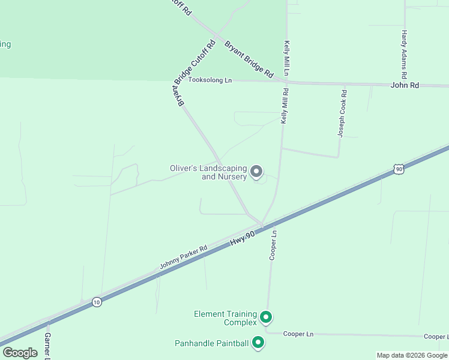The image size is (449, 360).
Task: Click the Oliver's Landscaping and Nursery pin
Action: pos(256,172)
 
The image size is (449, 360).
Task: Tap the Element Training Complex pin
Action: pos(266,317)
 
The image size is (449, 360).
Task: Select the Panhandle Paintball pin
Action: pos(259,343)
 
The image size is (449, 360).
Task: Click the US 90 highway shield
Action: pos(399,170)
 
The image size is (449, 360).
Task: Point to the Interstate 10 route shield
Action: pos(97,302)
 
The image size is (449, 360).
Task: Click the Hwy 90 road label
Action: pos(243,236)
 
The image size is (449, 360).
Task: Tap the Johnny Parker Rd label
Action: pos(183,257)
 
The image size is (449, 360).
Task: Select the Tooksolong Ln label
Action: pos(210,80)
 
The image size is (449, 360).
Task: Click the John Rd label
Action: pos(404,85)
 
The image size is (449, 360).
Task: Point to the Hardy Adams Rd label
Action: pos(405,55)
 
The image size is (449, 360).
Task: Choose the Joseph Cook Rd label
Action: pos(342,113)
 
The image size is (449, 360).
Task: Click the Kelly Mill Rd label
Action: pos(286,106)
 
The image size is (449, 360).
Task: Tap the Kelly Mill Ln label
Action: pos(287,58)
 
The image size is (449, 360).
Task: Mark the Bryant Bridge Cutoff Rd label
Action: pos(194,73)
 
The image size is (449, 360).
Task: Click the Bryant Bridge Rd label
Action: pos(249,59)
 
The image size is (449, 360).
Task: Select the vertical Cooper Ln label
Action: pos(273,245)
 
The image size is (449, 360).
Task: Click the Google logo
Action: pos(20,352)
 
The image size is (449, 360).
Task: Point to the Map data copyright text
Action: pos(412,355)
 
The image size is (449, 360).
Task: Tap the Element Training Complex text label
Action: pos(225,318)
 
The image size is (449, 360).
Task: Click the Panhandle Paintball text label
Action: pos(211,343)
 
